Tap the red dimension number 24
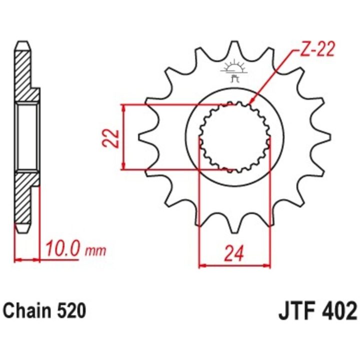[234, 253]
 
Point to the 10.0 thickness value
[62, 249]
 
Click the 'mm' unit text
[95, 251]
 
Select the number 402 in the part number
[340, 311]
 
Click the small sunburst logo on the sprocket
[234, 69]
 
